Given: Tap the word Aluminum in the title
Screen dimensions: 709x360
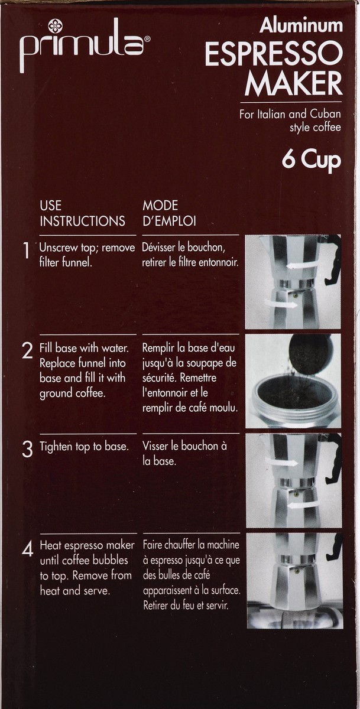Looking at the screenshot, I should [301, 25].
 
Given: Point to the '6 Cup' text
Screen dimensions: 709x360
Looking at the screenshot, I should [311, 160].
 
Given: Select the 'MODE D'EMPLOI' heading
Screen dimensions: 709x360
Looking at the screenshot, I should [169, 213].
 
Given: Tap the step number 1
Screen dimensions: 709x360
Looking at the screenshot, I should [26, 252].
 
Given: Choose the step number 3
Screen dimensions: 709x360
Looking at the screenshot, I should [27, 449].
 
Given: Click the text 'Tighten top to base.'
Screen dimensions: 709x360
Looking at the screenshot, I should [83, 447].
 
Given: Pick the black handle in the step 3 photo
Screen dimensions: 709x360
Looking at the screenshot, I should [334, 458].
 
